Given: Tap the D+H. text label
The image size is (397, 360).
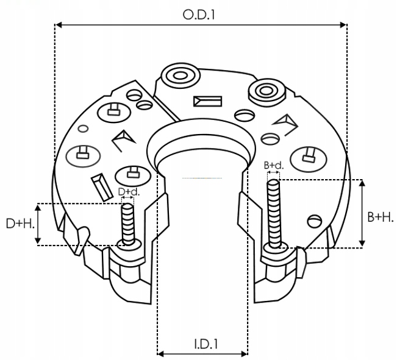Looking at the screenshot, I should point(20,224).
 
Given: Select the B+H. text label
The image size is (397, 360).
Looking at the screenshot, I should point(379,217).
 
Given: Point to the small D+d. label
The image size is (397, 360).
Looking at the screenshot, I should point(129,192).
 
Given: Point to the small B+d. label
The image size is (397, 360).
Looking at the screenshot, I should point(273,165).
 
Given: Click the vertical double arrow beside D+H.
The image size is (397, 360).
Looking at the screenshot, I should point(39,224).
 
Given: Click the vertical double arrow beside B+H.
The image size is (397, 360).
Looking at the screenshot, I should point(363,214).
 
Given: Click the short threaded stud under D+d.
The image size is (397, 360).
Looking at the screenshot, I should point(127,224).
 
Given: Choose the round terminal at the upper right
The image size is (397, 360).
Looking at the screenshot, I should point(266,91).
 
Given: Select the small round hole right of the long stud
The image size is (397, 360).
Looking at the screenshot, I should point(313,220).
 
